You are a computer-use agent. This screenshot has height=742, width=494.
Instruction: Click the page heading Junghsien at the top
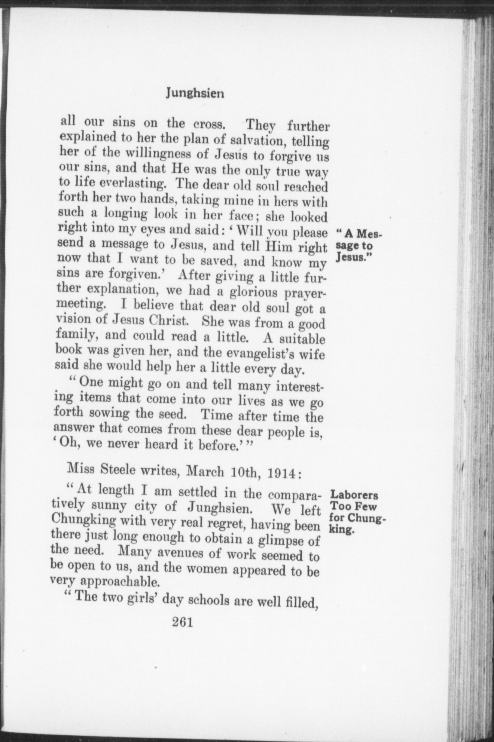(195, 93)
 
